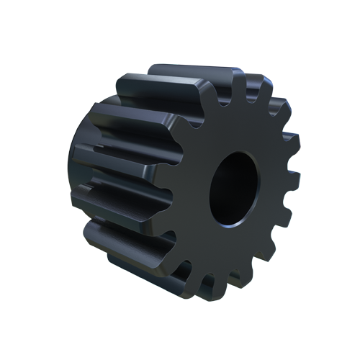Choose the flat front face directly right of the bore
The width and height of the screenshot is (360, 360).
(274, 187)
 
